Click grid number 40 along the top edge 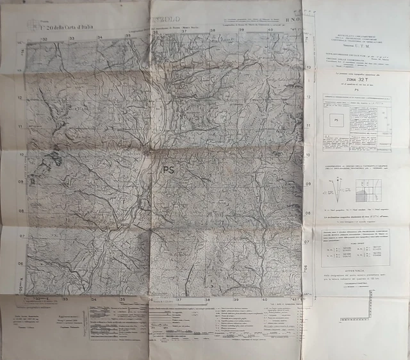tap(270, 29)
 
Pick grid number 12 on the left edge tap(20, 98)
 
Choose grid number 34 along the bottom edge tap(94, 299)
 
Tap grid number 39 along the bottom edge tap(236, 299)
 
